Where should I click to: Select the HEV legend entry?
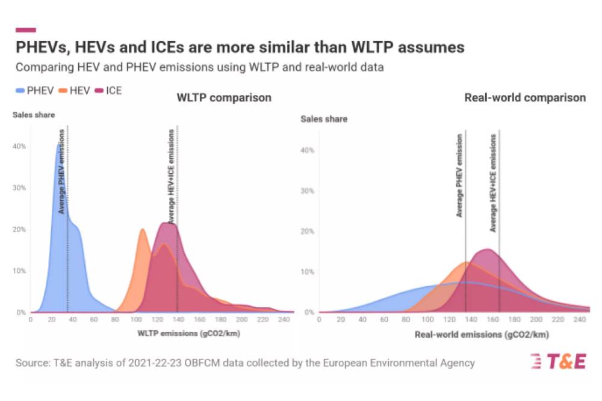(74, 91)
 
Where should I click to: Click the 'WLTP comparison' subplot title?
(223, 97)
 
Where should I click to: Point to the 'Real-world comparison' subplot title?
(525, 97)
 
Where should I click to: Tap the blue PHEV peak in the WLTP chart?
(58, 145)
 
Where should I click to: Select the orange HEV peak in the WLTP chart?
(143, 230)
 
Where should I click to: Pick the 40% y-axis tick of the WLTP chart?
(20, 146)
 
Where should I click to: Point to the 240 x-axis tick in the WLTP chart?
(285, 320)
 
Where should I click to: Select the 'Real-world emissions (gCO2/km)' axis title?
(482, 334)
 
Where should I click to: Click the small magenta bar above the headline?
(25, 29)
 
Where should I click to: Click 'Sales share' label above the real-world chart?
(324, 119)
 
